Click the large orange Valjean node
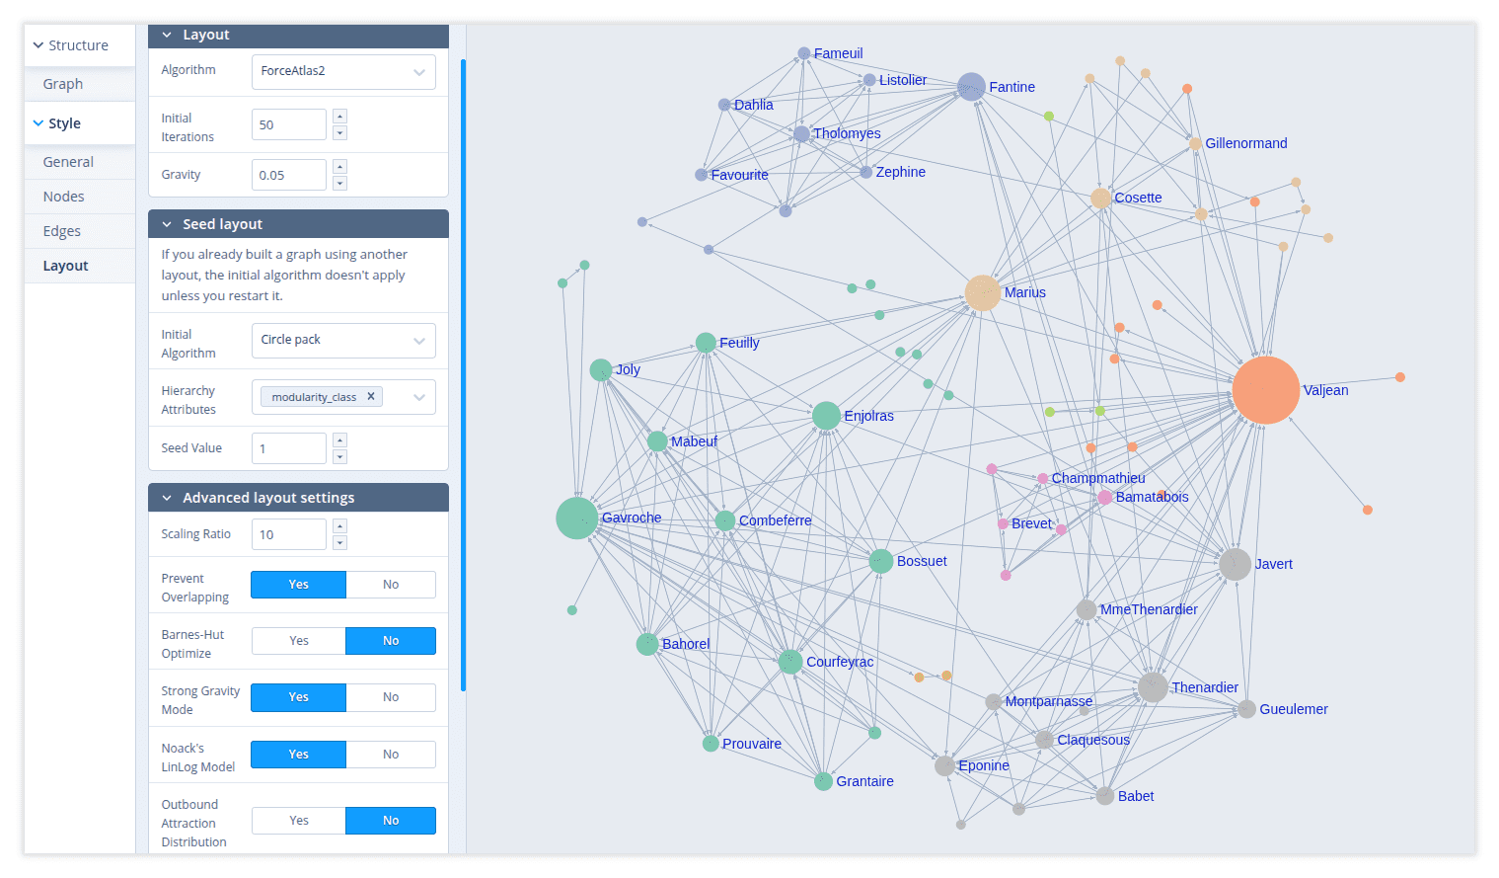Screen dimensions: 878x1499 tap(1265, 390)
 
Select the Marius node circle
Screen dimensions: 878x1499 tap(982, 293)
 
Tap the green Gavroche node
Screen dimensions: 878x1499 tap(576, 518)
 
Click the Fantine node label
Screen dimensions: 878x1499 tap(1012, 87)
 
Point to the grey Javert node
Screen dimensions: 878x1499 tap(1235, 564)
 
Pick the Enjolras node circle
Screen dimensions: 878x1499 tap(826, 416)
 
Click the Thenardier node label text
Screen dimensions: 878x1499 tap(1204, 687)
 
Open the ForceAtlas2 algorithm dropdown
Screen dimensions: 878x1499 tap(343, 71)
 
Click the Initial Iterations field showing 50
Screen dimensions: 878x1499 tap(288, 125)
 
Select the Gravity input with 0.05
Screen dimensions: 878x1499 tap(288, 175)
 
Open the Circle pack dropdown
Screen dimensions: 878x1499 tap(343, 340)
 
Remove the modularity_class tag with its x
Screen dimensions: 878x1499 tap(371, 396)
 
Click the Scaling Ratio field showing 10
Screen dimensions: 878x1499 tap(288, 534)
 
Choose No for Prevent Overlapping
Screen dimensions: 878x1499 tap(391, 585)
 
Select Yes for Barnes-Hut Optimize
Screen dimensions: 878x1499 tap(299, 641)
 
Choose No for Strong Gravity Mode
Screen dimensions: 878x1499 tap(391, 697)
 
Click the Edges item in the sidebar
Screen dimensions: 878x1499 tap(62, 231)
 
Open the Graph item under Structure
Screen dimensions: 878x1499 tap(63, 84)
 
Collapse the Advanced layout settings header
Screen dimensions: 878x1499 tap(168, 498)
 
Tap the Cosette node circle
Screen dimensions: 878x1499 tap(1100, 199)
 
